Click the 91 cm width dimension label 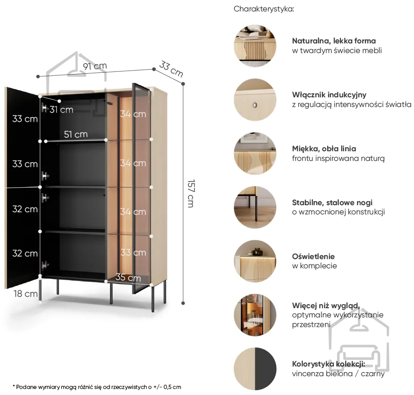[94, 66]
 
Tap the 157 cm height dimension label [190, 193]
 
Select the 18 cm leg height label [25, 293]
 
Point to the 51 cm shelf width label [75, 134]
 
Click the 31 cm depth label [61, 109]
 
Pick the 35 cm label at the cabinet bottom [128, 278]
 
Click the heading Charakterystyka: [264, 9]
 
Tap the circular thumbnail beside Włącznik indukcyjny [255, 100]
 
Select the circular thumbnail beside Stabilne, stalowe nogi [255, 207]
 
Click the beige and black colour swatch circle [255, 369]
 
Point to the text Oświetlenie [313, 256]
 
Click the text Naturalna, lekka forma [334, 41]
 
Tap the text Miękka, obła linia [324, 149]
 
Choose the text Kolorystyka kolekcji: [328, 364]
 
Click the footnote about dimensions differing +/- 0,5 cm [97, 387]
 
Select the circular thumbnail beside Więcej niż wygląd [255, 315]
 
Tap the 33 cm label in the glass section [133, 253]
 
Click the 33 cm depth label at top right [171, 69]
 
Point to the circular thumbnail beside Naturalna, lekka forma [255, 46]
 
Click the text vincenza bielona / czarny [338, 374]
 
